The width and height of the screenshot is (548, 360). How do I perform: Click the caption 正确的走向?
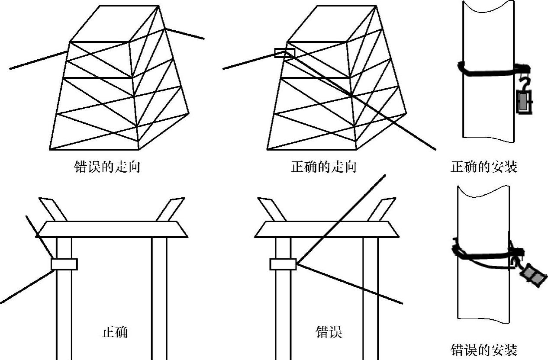click(324, 167)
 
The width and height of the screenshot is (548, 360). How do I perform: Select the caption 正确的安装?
click(484, 167)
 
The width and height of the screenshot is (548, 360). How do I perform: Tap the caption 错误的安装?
click(484, 350)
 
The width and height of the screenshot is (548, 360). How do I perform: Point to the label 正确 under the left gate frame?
click(115, 332)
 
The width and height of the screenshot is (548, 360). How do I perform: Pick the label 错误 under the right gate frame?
click(329, 332)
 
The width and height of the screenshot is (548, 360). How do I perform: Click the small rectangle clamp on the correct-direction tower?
click(284, 53)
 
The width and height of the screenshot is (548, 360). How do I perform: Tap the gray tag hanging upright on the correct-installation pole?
click(524, 102)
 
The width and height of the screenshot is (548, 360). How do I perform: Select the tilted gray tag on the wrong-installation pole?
click(532, 276)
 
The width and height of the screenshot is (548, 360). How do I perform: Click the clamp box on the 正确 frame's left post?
click(64, 264)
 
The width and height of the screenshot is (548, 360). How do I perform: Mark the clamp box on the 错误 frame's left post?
click(283, 264)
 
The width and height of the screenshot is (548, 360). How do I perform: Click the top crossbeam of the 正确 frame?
click(112, 229)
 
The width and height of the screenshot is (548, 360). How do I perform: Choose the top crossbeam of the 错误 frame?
click(327, 229)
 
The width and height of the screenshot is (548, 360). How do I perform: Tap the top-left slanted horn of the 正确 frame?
click(52, 208)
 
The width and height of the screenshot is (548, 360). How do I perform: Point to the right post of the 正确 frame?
click(159, 299)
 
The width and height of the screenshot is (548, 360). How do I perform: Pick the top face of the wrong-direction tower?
click(115, 24)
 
